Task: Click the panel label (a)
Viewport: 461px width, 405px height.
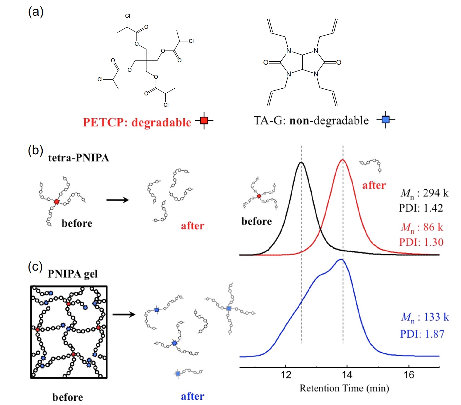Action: point(36,12)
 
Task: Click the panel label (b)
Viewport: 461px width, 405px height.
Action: point(35,151)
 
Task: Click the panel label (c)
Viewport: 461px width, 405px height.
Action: point(35,267)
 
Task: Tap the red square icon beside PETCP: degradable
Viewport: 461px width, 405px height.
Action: point(204,120)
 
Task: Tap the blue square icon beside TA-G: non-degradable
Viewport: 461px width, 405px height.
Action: point(386,119)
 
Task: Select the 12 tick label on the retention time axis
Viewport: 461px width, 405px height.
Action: point(286,375)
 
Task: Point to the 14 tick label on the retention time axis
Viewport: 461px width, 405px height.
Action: point(347,375)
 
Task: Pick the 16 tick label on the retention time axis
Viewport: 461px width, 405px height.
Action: point(409,375)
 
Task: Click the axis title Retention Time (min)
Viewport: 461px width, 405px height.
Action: point(344,388)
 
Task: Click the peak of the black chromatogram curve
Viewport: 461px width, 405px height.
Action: point(301,162)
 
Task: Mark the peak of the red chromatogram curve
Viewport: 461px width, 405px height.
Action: point(343,160)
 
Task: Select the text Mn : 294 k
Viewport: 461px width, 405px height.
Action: point(424,193)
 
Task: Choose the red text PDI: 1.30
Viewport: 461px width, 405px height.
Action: point(421,242)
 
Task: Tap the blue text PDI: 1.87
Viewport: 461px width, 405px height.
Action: point(422,334)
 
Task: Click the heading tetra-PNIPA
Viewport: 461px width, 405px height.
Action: point(79,158)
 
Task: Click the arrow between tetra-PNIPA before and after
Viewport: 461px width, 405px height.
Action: point(118,200)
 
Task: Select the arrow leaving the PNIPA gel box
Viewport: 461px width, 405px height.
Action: point(124,314)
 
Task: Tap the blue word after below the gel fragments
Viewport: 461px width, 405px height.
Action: point(192,396)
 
